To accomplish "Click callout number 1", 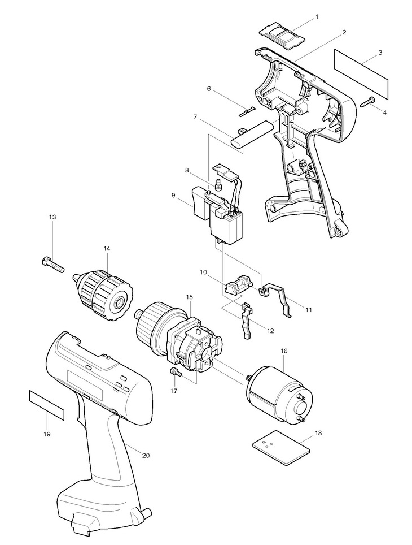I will pos(316,17).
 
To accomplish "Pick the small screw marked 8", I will pos(219,182).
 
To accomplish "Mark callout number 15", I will pos(189,296).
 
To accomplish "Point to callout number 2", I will pos(344,33).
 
